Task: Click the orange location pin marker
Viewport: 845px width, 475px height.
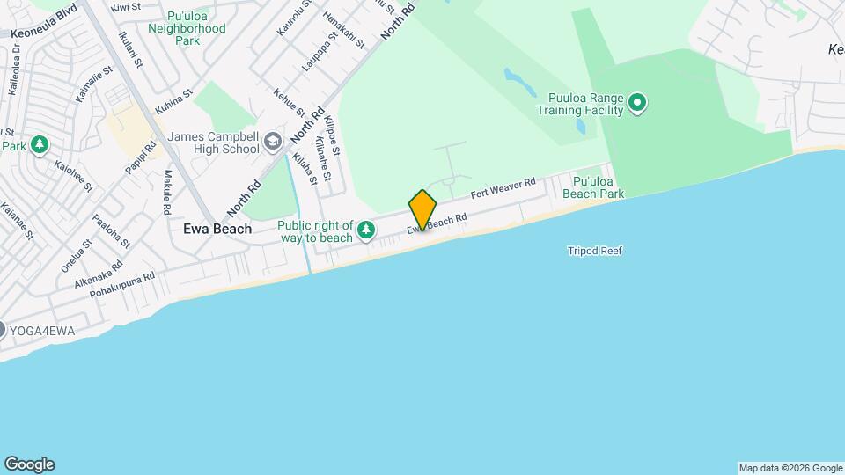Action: pos(422,209)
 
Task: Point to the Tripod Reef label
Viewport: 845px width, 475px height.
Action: pos(595,252)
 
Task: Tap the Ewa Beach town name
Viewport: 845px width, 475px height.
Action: pos(217,229)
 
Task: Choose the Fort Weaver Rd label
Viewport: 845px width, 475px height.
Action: pos(503,189)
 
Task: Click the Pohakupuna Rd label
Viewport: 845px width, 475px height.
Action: pos(116,288)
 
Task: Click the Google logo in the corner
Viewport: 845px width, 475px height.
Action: pos(29,464)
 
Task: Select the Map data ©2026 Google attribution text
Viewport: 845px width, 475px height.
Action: pos(790,468)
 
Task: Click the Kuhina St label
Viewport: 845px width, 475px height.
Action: pos(173,107)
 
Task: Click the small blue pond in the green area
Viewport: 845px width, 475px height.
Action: pos(519,81)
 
